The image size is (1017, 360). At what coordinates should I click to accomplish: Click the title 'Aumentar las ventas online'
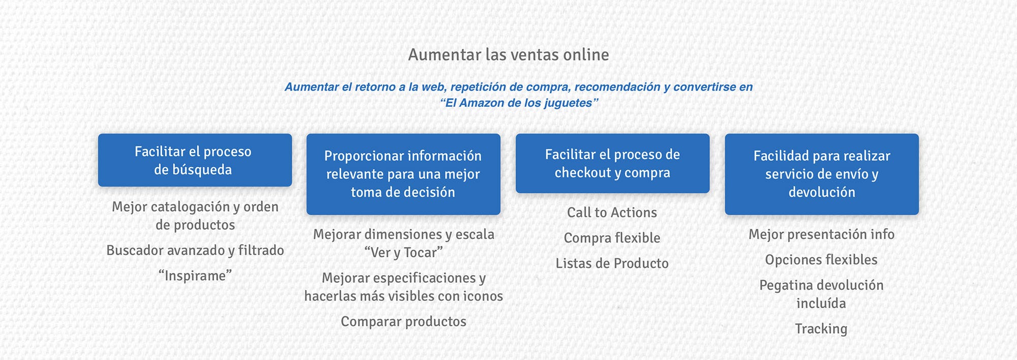click(x=508, y=54)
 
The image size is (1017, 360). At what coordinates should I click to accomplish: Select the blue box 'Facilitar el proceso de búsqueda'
click(x=195, y=160)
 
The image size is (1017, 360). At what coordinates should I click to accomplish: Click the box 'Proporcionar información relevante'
click(x=403, y=174)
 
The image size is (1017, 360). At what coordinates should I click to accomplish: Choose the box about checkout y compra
click(x=612, y=163)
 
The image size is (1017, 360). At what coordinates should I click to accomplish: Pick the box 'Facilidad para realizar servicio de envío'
click(x=822, y=174)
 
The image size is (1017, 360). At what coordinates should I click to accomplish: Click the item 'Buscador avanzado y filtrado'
click(x=195, y=250)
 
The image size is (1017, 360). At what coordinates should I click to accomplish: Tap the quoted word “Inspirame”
click(x=195, y=276)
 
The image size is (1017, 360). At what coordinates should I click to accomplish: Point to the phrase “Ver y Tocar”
click(x=404, y=252)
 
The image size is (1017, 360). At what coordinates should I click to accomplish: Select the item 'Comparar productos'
click(x=404, y=321)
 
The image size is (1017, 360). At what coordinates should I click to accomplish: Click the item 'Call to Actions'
click(x=612, y=213)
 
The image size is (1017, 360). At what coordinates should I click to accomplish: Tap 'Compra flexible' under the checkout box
click(x=612, y=238)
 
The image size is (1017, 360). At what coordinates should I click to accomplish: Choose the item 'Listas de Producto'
click(x=612, y=263)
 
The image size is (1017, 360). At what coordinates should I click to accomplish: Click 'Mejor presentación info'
click(x=822, y=234)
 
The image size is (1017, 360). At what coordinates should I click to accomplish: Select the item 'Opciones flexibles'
click(x=822, y=260)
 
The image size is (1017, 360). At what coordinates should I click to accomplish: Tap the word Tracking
click(x=822, y=329)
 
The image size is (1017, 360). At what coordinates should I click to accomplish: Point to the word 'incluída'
click(x=822, y=304)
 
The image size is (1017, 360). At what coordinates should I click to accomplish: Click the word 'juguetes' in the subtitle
click(x=568, y=103)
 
